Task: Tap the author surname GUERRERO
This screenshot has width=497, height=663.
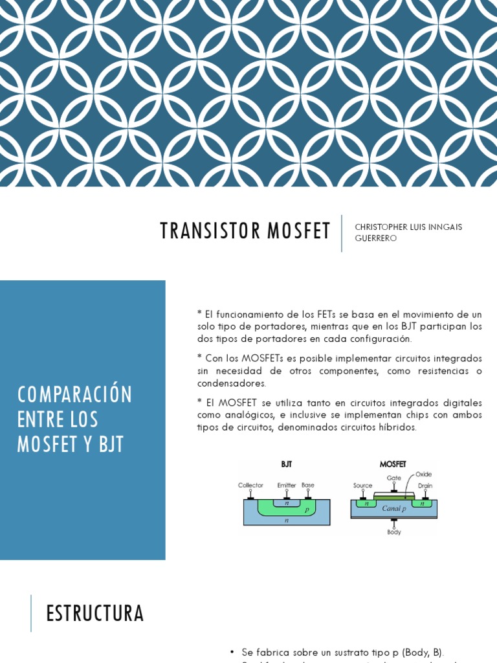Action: tap(376, 238)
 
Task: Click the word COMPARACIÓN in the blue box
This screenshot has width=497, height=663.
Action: tap(75, 394)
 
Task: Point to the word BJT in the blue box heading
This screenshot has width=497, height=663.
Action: tap(111, 445)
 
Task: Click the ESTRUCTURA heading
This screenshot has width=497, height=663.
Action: tap(95, 613)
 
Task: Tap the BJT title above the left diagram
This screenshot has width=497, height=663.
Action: tap(286, 464)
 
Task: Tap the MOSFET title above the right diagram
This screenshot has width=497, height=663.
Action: tap(393, 464)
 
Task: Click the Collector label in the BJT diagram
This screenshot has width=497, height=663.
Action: tap(250, 485)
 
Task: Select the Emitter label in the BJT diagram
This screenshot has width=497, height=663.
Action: tap(286, 485)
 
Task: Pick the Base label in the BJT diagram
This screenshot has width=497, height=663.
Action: tap(308, 485)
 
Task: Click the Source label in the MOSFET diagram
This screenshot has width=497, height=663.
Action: tap(362, 485)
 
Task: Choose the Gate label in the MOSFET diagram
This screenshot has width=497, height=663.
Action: tap(393, 478)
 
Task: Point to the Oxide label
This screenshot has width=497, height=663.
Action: tap(423, 475)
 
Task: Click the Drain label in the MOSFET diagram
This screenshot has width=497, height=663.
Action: tap(425, 485)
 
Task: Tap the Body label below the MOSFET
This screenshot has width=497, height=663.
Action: tap(393, 532)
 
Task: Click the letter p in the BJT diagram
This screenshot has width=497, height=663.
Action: tap(306, 510)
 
